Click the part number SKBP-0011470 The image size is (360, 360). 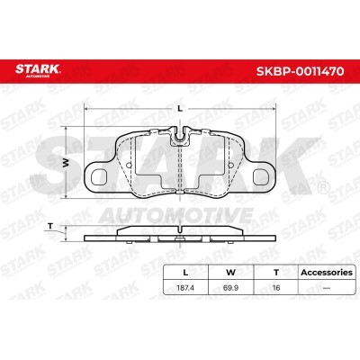click(x=300, y=71)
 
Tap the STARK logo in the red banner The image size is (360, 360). click(x=38, y=70)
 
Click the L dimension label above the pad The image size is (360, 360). click(x=180, y=109)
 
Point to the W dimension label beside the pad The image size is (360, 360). click(x=66, y=163)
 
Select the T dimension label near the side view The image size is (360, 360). click(x=50, y=227)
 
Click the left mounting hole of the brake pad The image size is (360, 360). click(x=99, y=176)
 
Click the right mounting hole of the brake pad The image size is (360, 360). click(x=261, y=176)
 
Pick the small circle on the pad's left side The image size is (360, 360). click(x=130, y=165)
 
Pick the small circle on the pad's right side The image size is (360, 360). click(x=230, y=165)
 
